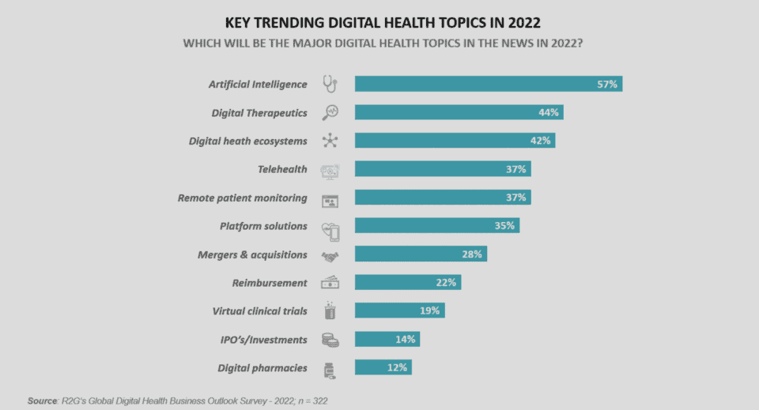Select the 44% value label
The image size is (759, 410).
549,112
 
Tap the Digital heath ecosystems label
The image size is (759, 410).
247,141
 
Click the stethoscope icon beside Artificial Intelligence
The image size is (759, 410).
330,84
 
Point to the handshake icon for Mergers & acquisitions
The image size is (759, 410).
330,255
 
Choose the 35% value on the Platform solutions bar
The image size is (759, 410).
506,226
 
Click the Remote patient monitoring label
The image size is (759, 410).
242,197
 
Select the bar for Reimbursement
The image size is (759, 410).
407,283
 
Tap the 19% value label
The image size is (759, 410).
430,310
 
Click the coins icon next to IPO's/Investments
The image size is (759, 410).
330,340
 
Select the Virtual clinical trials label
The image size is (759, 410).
259,310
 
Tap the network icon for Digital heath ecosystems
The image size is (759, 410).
330,141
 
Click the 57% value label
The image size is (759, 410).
607,84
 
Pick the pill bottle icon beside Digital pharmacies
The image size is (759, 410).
330,368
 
